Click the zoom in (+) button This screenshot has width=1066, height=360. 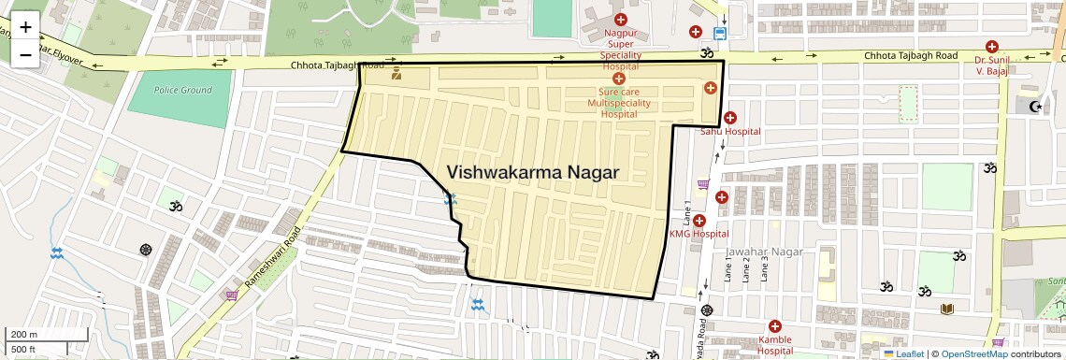[25, 27]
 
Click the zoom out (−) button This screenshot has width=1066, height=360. [25, 55]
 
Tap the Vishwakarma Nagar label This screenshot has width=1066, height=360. [533, 172]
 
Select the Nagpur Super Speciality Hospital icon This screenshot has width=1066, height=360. [619, 20]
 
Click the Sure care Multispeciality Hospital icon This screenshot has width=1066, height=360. [618, 79]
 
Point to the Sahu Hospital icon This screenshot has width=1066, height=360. [729, 119]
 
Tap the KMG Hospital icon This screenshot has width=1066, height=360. [699, 221]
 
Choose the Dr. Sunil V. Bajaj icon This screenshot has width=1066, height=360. [991, 47]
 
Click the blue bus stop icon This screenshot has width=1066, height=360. [719, 32]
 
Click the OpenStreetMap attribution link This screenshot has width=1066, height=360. [973, 353]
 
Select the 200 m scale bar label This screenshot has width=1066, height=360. [24, 335]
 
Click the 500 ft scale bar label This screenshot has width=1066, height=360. [23, 350]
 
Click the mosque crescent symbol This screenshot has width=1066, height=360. [1034, 107]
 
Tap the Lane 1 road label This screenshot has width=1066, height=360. [687, 211]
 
